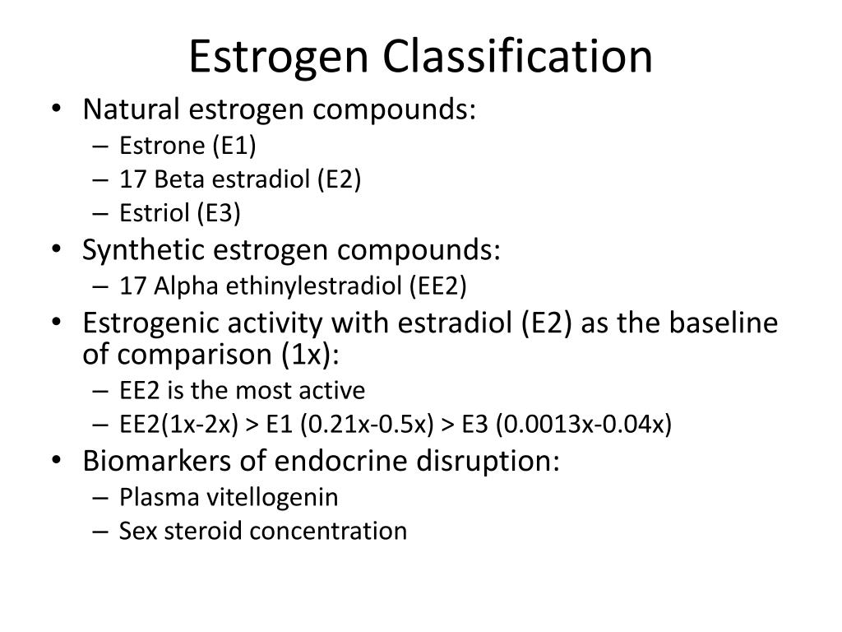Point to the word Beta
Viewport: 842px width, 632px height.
[173, 179]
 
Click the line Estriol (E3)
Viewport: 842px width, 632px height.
[179, 214]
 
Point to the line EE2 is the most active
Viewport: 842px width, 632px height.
[242, 389]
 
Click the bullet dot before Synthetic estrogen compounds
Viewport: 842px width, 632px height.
[66, 250]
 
